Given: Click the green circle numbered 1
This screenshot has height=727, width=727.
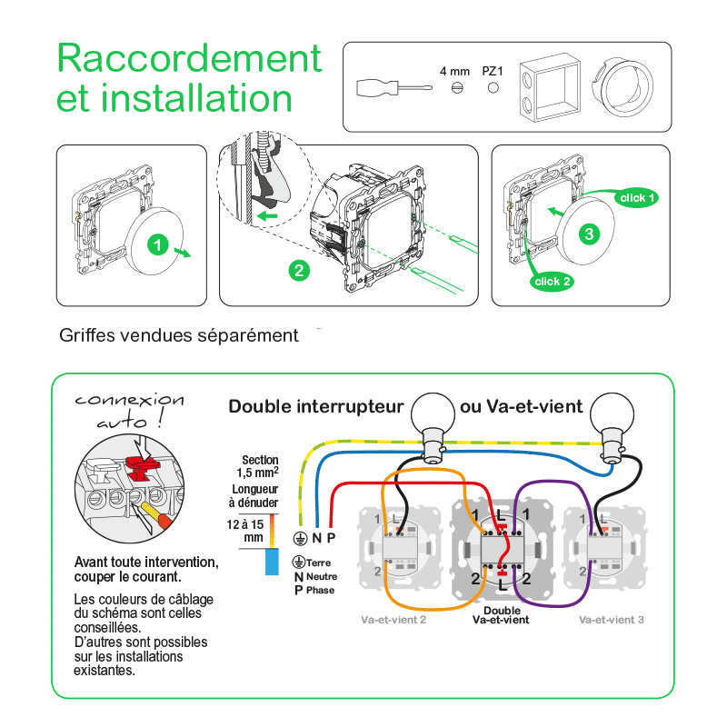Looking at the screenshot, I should pyautogui.click(x=157, y=244).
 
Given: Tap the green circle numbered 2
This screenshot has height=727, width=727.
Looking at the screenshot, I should pyautogui.click(x=297, y=269).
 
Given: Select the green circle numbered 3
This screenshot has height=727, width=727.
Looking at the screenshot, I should pyautogui.click(x=590, y=234).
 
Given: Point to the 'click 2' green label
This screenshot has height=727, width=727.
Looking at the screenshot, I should pyautogui.click(x=553, y=282).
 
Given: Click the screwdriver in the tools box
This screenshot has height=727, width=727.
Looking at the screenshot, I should pyautogui.click(x=386, y=88).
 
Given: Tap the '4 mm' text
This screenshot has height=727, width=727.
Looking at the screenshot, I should pyautogui.click(x=454, y=70).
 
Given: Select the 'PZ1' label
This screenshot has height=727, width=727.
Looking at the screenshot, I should pyautogui.click(x=493, y=70).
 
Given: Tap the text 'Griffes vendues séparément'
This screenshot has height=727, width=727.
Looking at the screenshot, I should pyautogui.click(x=179, y=335).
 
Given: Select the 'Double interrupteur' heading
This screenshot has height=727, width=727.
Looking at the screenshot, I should pyautogui.click(x=315, y=406).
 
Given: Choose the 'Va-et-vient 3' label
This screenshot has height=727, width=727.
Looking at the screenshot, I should pyautogui.click(x=611, y=620).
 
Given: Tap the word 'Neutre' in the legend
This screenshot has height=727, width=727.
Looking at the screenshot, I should pyautogui.click(x=321, y=577).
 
